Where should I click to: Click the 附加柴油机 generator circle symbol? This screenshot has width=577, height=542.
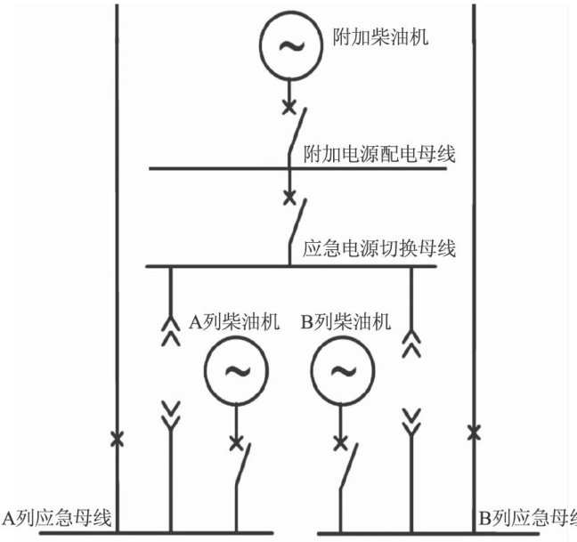(288, 45)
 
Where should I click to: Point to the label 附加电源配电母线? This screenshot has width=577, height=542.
(379, 154)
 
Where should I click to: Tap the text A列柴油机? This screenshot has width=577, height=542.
(236, 321)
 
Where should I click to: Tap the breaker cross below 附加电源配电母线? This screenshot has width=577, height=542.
(288, 196)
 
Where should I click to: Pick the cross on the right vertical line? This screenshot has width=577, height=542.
(474, 433)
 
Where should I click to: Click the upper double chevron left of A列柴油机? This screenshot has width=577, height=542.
(169, 328)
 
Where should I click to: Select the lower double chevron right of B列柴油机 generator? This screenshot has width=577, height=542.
(410, 420)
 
